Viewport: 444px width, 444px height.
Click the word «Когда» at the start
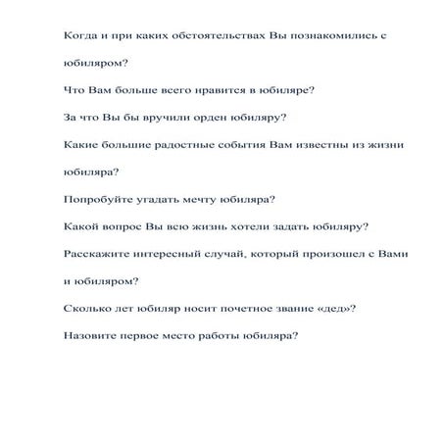pyautogui.click(x=79, y=35)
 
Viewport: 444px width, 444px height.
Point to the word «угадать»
pyautogui.click(x=159, y=200)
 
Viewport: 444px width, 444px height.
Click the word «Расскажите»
pyautogui.click(x=96, y=254)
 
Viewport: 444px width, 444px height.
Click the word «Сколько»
pyautogui.click(x=86, y=309)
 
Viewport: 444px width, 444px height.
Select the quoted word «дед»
pyautogui.click(x=330, y=309)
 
